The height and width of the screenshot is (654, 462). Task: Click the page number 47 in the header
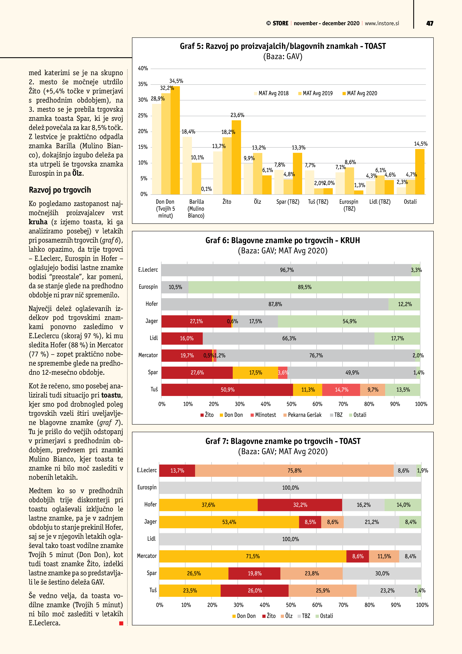pos(430,23)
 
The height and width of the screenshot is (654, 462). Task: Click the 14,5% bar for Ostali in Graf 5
pos(420,172)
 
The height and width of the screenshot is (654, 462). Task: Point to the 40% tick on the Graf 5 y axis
pos(143,68)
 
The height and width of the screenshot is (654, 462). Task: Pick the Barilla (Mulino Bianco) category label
pos(196,208)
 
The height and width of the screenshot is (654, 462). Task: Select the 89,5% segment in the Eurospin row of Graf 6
pos(304,287)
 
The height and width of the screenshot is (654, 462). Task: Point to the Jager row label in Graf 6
pos(151,321)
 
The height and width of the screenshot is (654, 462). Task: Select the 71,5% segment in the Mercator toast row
pos(252,556)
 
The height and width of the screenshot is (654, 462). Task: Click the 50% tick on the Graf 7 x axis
pos(291,605)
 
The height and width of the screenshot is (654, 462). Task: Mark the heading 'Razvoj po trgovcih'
pos(60,190)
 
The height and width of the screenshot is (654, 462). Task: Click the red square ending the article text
pos(121,623)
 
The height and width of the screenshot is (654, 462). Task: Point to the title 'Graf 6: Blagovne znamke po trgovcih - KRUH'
pos(282,240)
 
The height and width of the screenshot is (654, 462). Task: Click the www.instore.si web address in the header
pos(382,23)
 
